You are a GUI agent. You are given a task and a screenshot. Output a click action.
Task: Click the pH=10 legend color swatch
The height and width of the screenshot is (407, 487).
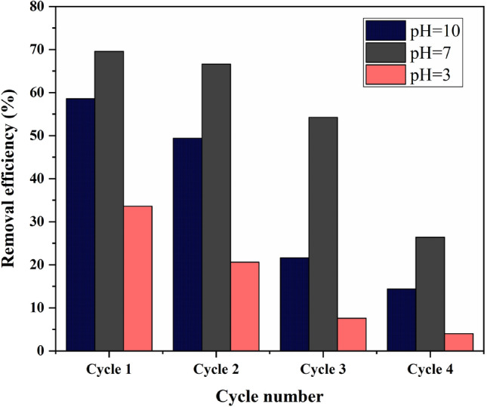[386, 30]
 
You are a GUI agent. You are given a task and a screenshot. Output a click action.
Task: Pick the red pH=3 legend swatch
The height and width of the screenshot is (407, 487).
[386, 76]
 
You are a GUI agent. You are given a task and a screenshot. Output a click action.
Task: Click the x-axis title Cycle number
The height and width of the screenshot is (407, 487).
[270, 395]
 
